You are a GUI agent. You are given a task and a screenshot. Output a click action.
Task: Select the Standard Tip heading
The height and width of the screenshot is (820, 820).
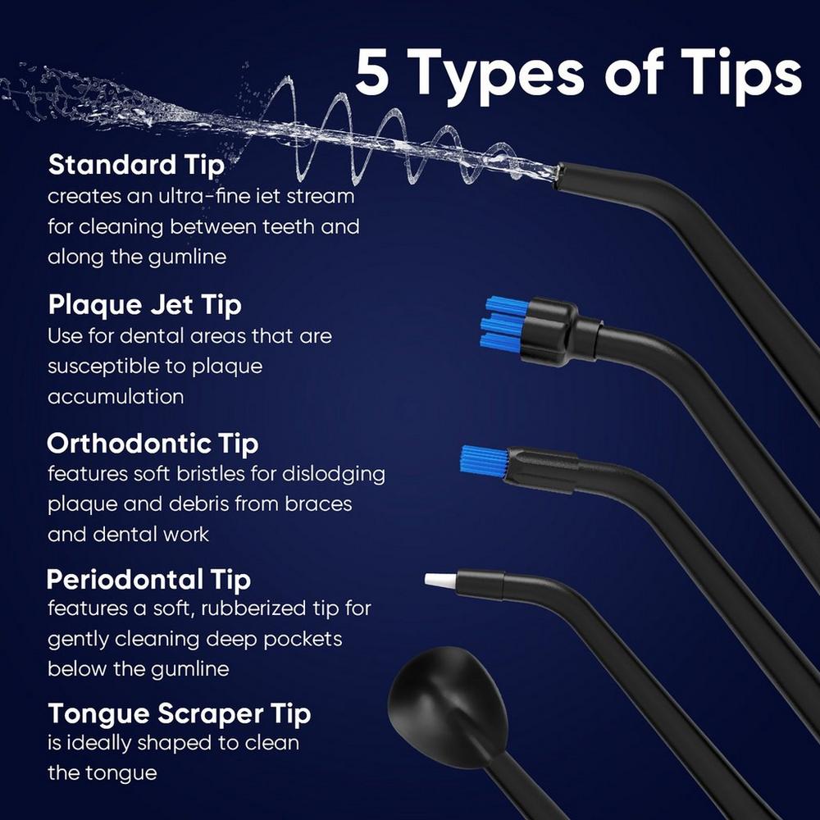[x=136, y=165]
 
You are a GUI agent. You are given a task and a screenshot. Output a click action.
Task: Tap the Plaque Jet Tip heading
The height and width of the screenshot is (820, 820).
[x=144, y=305]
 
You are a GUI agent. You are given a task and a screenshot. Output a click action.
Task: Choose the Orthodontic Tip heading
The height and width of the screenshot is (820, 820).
[x=153, y=444]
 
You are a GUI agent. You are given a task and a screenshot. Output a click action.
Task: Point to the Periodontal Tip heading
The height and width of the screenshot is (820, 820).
[x=148, y=580]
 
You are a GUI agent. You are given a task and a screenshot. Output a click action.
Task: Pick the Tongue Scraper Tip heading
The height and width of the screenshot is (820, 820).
[x=179, y=713]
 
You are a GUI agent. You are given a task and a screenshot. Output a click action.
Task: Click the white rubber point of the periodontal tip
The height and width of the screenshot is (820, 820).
[x=439, y=580]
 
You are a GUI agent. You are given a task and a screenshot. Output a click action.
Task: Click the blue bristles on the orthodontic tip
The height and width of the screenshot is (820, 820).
[x=483, y=461]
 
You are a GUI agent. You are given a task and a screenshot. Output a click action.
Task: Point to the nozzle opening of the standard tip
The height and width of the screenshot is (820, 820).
[x=559, y=173]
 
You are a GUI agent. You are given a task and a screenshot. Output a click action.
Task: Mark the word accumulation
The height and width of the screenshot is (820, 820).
[x=115, y=397]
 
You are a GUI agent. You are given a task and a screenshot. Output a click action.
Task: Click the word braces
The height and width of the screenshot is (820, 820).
[x=318, y=503]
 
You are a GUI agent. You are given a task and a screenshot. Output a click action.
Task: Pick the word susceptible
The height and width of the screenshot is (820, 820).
[x=107, y=367]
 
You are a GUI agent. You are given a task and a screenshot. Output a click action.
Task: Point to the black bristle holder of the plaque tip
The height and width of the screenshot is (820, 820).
[x=550, y=330]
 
